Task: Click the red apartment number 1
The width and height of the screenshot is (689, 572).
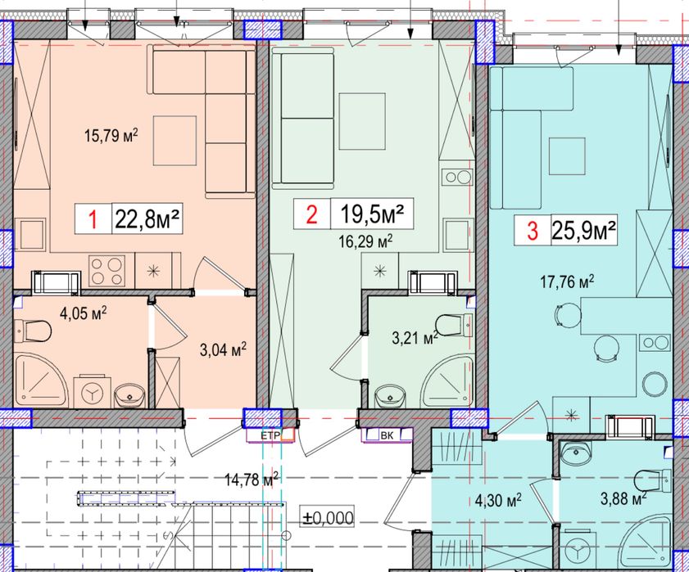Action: [x=93, y=219]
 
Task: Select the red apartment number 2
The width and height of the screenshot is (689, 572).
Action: [x=311, y=214]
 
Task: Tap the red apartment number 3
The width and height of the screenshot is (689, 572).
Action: [x=533, y=231]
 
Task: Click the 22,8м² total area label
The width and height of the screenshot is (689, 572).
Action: [x=147, y=218]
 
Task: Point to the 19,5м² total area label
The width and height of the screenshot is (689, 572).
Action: [x=372, y=214]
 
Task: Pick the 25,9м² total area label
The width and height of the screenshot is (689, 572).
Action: [x=583, y=229]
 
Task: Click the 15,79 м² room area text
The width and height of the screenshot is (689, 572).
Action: [x=111, y=135]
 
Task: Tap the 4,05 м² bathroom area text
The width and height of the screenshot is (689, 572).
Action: [x=84, y=313]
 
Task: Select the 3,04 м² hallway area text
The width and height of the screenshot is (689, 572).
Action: [x=223, y=350]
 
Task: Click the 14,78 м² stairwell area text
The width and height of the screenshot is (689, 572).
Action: [x=252, y=478]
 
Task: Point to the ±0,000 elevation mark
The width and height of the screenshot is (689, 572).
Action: [x=328, y=517]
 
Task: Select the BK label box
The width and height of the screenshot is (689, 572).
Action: [x=388, y=435]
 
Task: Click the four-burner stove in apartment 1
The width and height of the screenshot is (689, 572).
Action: [x=106, y=270]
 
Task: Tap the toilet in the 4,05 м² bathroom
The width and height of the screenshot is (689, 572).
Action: [x=32, y=331]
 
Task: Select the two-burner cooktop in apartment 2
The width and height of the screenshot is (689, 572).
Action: [x=458, y=177]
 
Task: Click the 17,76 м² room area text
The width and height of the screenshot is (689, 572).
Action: [x=567, y=281]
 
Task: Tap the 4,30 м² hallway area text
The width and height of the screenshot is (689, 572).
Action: [x=498, y=499]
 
